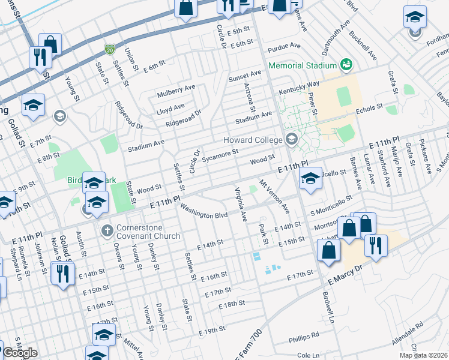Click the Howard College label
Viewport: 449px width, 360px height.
pyautogui.click(x=252, y=140)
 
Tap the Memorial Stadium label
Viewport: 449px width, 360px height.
pyautogui.click(x=302, y=65)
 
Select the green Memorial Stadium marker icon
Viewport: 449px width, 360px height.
pyautogui.click(x=345, y=64)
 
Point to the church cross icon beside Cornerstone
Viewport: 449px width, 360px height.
pyautogui.click(x=107, y=230)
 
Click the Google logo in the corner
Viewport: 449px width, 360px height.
pyautogui.click(x=20, y=353)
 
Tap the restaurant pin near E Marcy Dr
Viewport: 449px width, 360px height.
pyautogui.click(x=376, y=245)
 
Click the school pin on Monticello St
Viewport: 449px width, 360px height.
pyautogui.click(x=310, y=179)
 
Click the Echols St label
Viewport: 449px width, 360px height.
pyautogui.click(x=370, y=107)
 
